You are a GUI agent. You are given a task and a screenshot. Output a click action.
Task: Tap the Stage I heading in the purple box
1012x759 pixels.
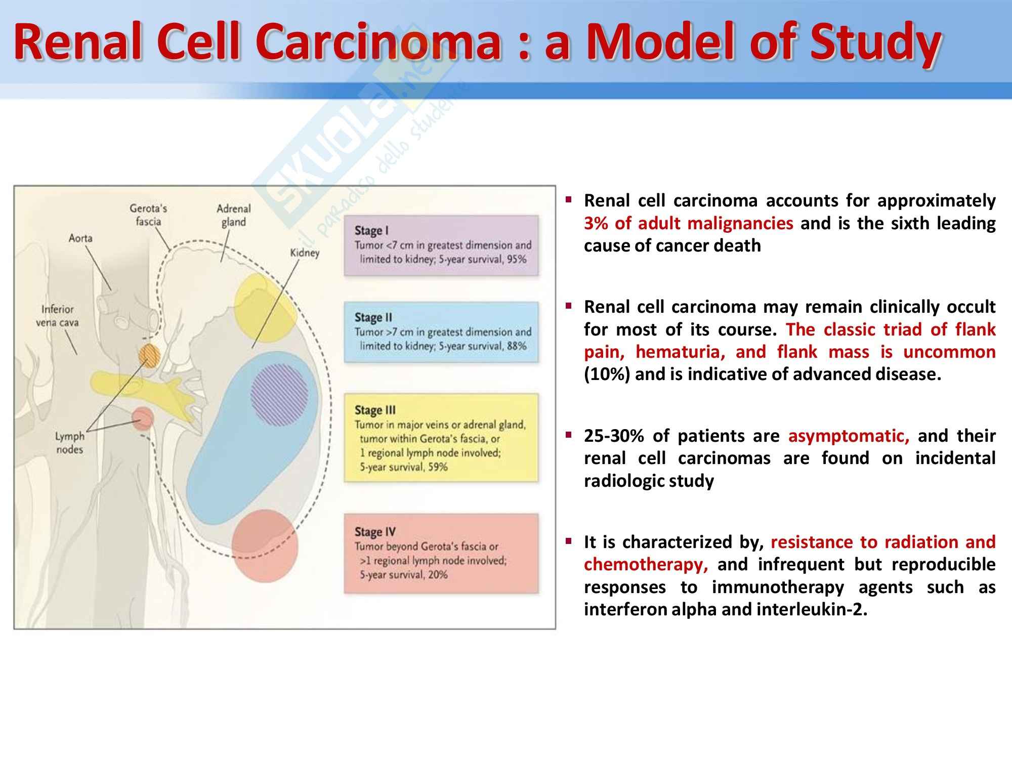point(371,230)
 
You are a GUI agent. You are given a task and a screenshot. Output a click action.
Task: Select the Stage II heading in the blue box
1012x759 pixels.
point(373,317)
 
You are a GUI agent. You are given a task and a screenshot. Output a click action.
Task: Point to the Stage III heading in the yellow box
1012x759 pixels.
point(375,410)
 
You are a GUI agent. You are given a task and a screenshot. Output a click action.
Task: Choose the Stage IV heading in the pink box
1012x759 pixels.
point(375,532)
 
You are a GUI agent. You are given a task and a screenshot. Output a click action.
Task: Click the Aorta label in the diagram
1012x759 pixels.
point(80,238)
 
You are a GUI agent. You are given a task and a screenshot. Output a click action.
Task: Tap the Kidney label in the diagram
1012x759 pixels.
point(305,252)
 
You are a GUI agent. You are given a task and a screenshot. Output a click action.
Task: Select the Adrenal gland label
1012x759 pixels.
point(233,215)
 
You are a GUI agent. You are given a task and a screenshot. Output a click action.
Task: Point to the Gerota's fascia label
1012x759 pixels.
point(148,215)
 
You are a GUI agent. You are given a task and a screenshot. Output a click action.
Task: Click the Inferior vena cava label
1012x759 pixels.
point(57,316)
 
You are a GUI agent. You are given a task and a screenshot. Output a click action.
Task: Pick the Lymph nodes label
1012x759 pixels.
point(70,443)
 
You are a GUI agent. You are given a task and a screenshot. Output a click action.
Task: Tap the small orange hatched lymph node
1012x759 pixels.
point(149,355)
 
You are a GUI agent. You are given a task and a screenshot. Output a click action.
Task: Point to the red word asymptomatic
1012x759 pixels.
point(849,436)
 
